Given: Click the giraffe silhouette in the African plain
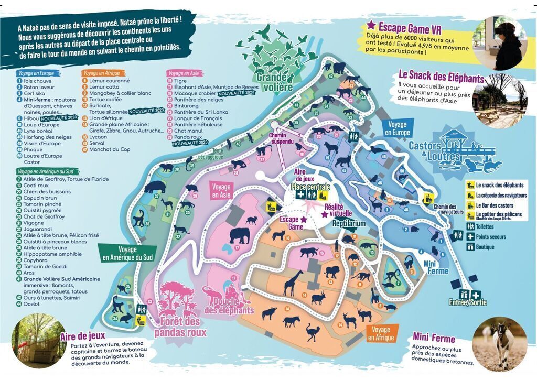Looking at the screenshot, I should pyautogui.click(x=292, y=283).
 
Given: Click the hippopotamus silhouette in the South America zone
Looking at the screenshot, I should pyautogui.click(x=154, y=187).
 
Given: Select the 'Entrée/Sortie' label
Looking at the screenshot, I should pyautogui.click(x=467, y=302).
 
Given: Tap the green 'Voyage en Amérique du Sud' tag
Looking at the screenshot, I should pyautogui.click(x=128, y=253).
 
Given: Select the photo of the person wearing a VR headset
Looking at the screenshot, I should pyautogui.click(x=507, y=43).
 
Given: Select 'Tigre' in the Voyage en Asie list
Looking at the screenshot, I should pyautogui.click(x=181, y=81).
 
